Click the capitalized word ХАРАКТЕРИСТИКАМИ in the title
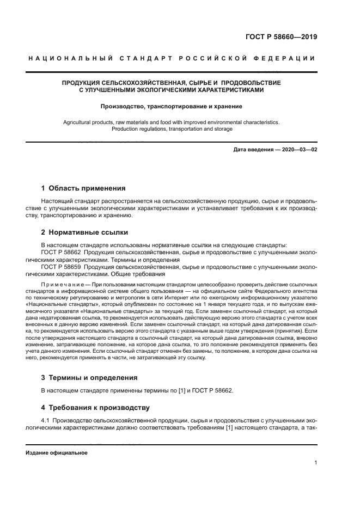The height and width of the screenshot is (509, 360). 219,90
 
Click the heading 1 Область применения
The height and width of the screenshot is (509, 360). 83,188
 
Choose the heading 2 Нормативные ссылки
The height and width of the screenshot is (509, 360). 84,232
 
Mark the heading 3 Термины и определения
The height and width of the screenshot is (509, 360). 89,377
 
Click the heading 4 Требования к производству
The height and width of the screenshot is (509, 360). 95,407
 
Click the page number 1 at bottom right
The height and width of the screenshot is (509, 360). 315,463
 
